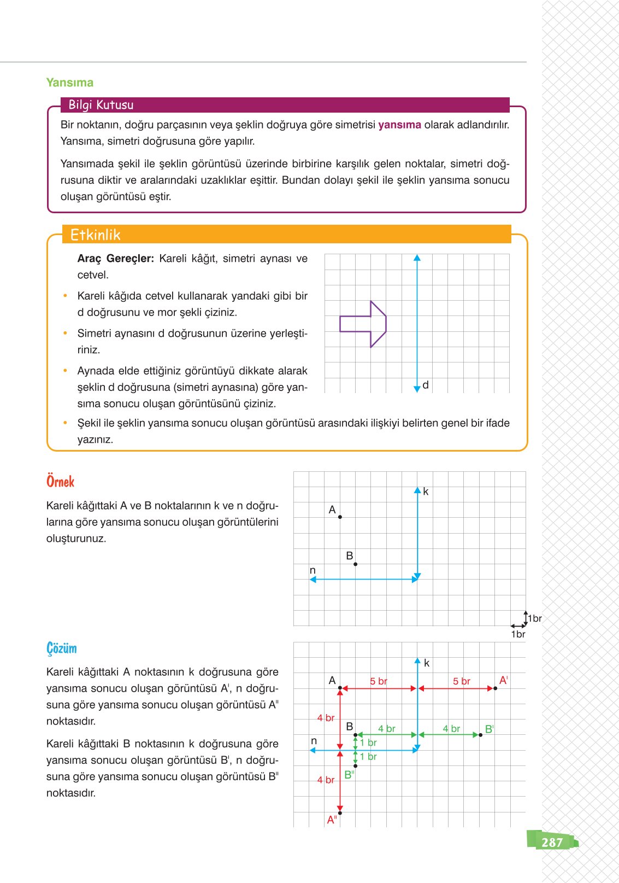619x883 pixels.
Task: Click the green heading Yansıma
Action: click(x=69, y=83)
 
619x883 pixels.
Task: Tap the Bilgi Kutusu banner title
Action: click(x=101, y=105)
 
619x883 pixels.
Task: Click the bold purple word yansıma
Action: click(x=399, y=125)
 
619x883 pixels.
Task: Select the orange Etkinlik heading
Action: click(x=95, y=235)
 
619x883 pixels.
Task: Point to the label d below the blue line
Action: click(x=426, y=385)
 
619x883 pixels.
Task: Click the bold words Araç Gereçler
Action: click(x=115, y=259)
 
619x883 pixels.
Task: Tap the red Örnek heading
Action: click(x=60, y=482)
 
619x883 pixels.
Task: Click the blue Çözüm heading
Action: click(x=61, y=648)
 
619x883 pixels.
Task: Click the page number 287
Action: click(x=552, y=842)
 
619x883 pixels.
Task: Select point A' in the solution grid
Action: click(x=495, y=688)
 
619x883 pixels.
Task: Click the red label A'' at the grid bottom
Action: click(x=332, y=820)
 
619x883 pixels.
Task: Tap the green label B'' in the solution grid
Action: click(x=349, y=775)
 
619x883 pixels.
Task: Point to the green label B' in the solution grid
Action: click(x=489, y=729)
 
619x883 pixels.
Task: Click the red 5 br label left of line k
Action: click(x=378, y=681)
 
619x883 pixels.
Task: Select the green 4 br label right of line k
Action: click(x=451, y=729)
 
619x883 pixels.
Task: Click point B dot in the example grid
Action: click(x=355, y=564)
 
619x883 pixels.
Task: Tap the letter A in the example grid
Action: click(x=332, y=510)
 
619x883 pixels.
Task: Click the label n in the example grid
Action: click(x=313, y=570)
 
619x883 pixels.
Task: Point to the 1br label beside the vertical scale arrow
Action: click(x=535, y=618)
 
